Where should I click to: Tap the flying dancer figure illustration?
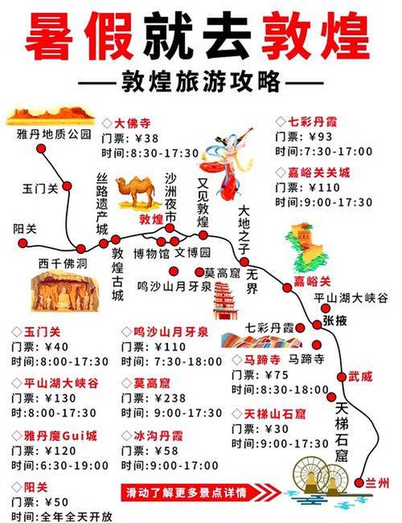pos(228,164)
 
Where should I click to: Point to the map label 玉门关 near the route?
pos(39,188)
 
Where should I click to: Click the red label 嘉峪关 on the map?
pos(311,281)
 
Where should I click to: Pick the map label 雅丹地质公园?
pos(54,134)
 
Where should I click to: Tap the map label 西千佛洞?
pos(61,262)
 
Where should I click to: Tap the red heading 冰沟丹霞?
pos(156,435)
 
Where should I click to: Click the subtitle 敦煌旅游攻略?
pos(200,84)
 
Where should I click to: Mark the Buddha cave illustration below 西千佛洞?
pos(61,292)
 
